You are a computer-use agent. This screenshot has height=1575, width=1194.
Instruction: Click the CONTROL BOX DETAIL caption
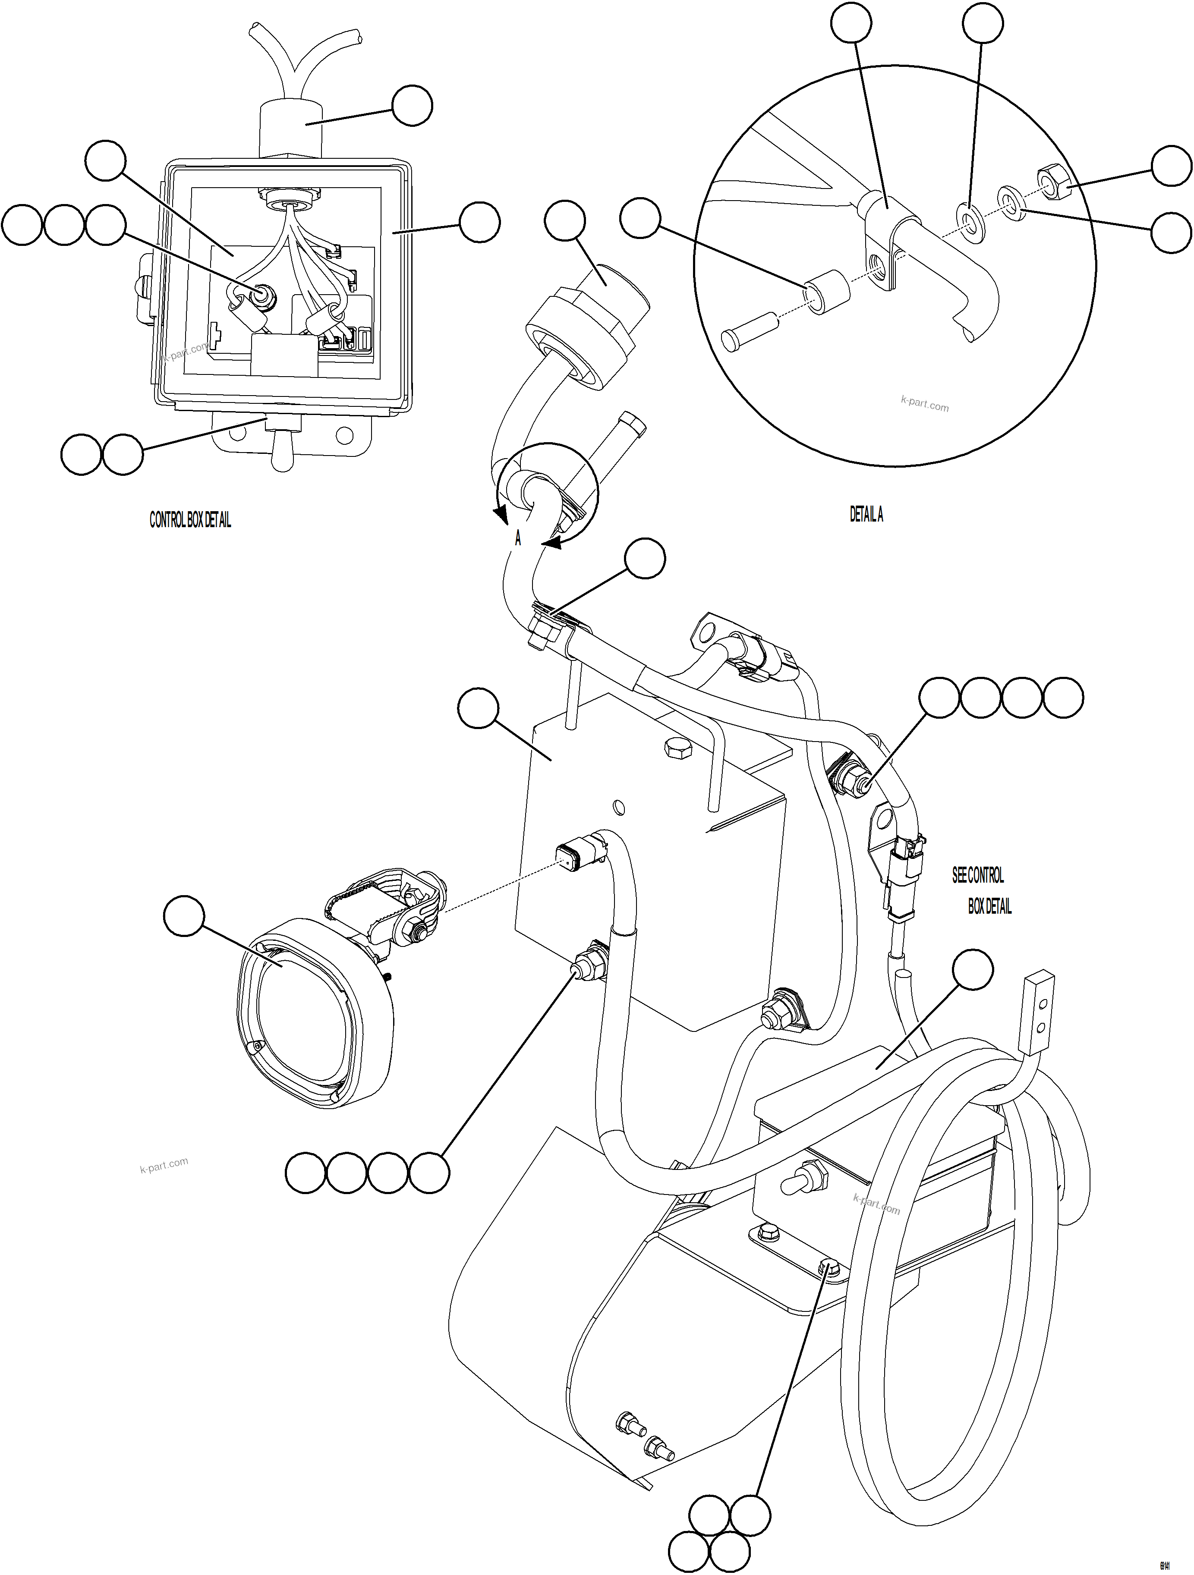coord(190,521)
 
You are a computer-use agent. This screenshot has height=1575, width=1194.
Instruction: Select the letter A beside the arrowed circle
coord(518,539)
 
